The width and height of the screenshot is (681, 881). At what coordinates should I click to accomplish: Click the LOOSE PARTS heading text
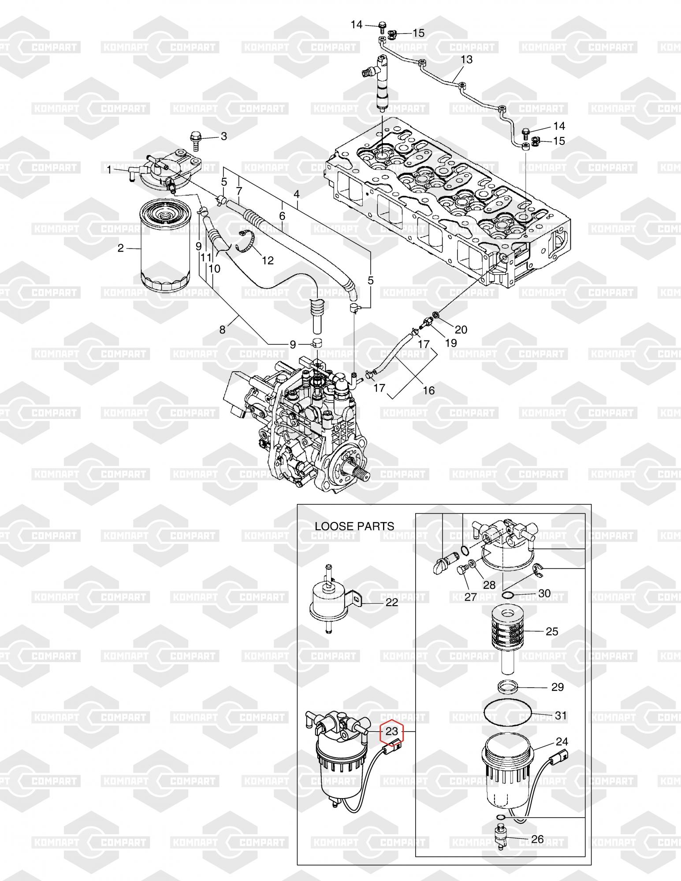[354, 526]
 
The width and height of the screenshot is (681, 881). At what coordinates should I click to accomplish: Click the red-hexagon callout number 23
[392, 732]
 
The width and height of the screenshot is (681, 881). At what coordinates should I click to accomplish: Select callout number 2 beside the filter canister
[120, 248]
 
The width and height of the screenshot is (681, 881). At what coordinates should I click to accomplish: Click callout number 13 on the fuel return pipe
[466, 59]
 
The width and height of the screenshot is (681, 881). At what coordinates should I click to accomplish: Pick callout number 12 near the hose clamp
[268, 260]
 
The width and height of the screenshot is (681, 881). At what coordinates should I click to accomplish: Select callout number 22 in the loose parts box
[391, 602]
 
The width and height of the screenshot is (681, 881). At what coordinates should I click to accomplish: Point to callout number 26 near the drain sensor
[537, 839]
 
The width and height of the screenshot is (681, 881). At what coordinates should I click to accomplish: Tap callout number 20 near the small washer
[461, 329]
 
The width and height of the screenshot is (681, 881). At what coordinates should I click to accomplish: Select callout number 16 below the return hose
[428, 390]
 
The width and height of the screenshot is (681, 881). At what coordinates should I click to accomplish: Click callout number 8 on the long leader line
[222, 329]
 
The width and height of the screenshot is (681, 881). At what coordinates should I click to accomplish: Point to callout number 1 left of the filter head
[109, 170]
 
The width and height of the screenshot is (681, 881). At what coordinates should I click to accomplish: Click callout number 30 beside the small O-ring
[544, 594]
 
